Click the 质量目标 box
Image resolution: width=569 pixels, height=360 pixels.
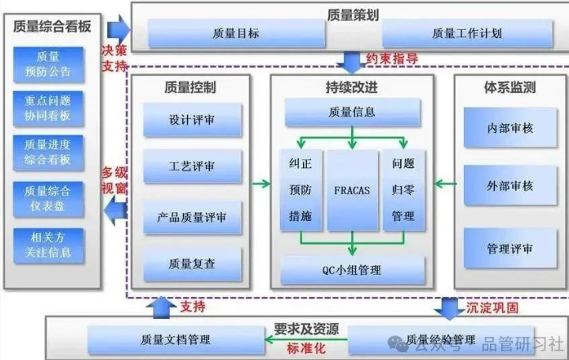coord(236,34)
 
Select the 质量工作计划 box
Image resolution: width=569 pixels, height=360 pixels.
coord(466,34)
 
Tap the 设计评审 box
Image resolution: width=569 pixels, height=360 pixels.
coord(193,122)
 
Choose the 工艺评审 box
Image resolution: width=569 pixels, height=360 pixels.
coord(193,168)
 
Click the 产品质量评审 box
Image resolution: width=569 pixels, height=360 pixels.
coord(193,216)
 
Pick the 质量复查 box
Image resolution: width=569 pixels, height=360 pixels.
coord(193,262)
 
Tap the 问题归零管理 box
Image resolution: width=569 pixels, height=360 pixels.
coord(403,190)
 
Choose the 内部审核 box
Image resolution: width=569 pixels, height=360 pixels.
coord(510,126)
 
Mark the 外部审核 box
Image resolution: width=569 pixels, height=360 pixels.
coord(510,186)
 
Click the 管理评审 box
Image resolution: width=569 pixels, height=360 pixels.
coord(510,249)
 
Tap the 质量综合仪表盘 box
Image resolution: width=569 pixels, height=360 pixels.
coord(48,197)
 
